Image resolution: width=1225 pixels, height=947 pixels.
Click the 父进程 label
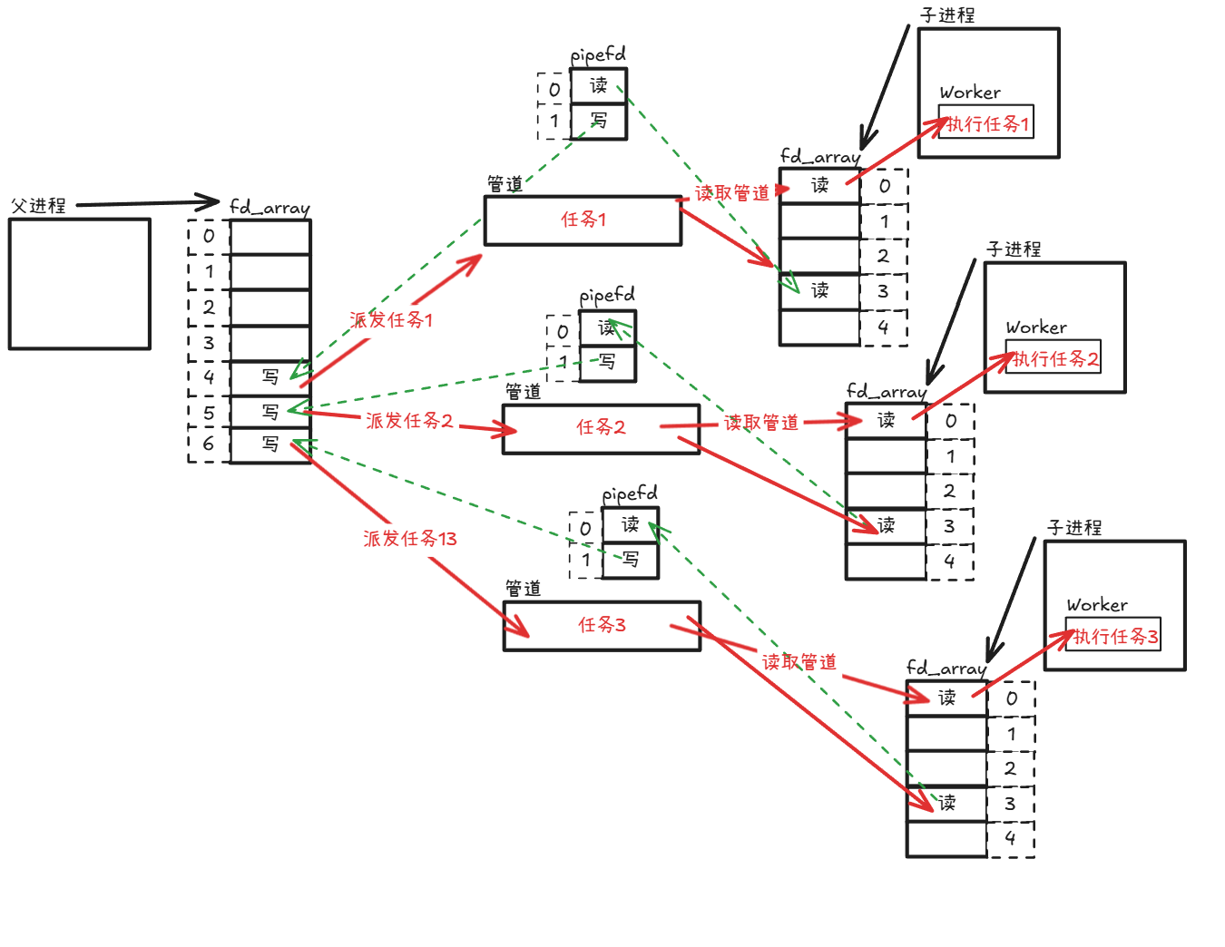click(38, 206)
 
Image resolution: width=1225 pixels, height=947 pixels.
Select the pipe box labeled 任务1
click(583, 220)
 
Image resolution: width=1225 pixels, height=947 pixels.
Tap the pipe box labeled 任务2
click(601, 428)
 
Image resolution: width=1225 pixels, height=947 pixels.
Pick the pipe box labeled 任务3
click(602, 625)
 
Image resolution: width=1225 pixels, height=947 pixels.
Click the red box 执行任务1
click(986, 123)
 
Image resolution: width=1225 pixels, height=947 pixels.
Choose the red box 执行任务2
click(1053, 358)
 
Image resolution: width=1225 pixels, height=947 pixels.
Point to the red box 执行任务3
click(1113, 637)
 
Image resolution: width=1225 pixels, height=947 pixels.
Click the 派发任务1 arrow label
click(391, 320)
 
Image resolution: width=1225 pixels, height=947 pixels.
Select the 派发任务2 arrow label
click(409, 421)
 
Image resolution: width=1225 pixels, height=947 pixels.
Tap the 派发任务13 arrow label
click(409, 539)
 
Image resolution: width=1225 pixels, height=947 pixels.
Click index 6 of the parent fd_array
click(209, 444)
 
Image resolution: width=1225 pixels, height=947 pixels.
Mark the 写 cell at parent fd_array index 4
click(270, 376)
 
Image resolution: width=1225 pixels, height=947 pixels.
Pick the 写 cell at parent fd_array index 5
click(270, 413)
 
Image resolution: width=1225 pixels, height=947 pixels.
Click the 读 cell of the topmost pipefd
click(599, 86)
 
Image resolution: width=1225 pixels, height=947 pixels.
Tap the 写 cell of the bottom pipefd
click(631, 560)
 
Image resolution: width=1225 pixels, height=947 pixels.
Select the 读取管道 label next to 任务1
click(731, 193)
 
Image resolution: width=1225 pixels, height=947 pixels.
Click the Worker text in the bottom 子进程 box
click(1097, 605)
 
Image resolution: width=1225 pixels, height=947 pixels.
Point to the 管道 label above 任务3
click(523, 590)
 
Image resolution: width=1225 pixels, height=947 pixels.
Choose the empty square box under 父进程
click(80, 284)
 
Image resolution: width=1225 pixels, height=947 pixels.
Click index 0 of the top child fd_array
click(885, 186)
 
